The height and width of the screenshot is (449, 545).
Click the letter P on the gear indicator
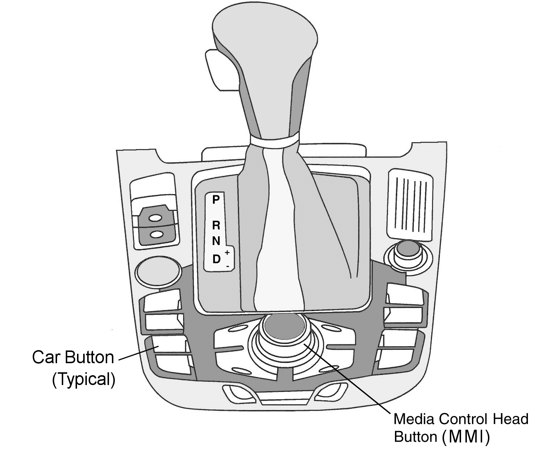click(216, 200)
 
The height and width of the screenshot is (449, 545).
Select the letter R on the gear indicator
click(216, 225)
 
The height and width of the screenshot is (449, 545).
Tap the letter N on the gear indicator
click(216, 241)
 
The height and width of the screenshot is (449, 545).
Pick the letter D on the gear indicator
click(216, 259)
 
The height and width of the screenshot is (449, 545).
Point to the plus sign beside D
click(227, 252)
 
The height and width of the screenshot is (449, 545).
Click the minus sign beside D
click(227, 266)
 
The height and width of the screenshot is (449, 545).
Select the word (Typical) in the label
click(84, 380)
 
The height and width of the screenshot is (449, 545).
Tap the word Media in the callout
click(415, 419)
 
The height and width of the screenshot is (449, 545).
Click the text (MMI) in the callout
click(466, 437)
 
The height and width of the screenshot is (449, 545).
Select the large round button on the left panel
click(158, 271)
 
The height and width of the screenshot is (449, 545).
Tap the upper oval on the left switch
click(156, 218)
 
